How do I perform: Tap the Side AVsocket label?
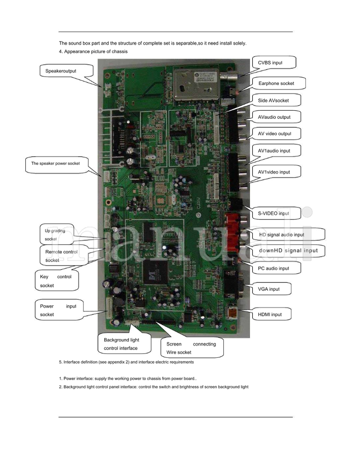(273, 100)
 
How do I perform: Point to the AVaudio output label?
(274, 117)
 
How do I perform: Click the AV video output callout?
(274, 134)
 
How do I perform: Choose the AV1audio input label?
(274, 151)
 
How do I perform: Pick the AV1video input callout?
(274, 172)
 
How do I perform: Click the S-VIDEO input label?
(273, 213)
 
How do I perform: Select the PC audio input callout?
(273, 268)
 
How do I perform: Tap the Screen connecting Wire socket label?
(191, 348)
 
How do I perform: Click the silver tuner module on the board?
(194, 83)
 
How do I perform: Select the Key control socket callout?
(56, 281)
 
